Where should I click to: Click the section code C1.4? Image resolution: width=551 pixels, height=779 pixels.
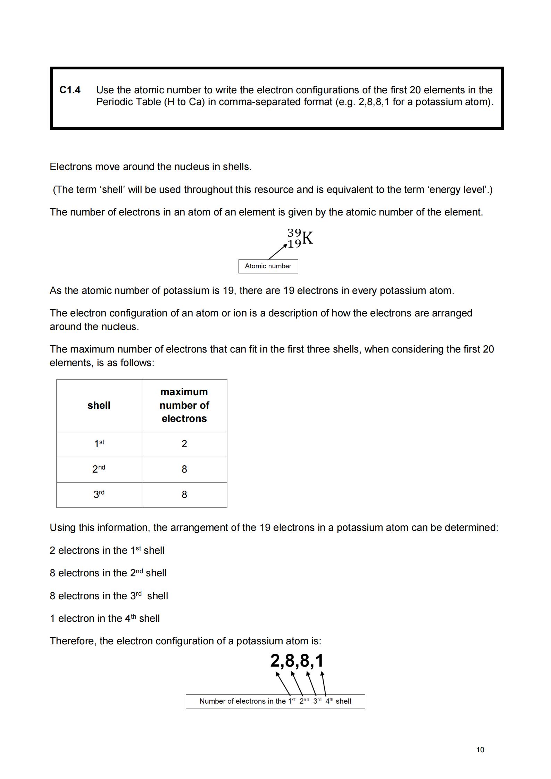point(70,90)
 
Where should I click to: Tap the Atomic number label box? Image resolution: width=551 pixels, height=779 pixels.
point(268,266)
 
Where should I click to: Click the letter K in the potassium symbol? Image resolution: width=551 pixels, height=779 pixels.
point(308,238)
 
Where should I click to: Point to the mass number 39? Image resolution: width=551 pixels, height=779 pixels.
point(294,232)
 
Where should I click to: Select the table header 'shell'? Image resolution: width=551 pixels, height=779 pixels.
point(99,405)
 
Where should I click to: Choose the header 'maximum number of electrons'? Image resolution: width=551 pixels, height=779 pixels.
point(184,405)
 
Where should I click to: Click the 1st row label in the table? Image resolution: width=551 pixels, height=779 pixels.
point(99,444)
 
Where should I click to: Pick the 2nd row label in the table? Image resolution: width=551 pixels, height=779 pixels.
point(99,469)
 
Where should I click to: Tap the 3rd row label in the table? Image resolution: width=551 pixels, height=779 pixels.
point(99,494)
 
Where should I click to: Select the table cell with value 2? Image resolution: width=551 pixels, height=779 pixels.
point(184,444)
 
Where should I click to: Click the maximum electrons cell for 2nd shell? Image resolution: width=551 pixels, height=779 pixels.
point(184,469)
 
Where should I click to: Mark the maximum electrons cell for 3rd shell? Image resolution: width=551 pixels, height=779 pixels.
point(184,494)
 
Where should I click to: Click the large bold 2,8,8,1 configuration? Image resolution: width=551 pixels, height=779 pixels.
point(297,661)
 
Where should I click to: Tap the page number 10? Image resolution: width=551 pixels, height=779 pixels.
point(480,750)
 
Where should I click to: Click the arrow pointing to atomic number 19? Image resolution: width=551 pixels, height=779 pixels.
point(278,252)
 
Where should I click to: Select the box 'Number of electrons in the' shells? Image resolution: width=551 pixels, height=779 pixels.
point(275,701)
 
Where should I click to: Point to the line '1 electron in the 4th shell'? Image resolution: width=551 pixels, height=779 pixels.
point(105,619)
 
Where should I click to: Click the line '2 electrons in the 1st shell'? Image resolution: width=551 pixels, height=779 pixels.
point(107,551)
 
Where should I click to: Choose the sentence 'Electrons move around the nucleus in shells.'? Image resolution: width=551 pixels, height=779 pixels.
point(150,167)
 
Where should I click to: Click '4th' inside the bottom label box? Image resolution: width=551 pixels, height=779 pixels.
point(329,701)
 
